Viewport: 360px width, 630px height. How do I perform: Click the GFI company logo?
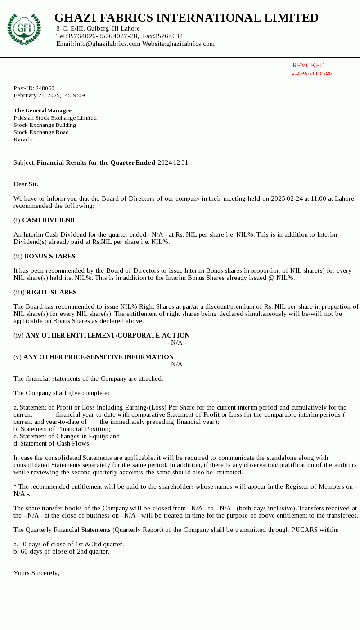(x=24, y=29)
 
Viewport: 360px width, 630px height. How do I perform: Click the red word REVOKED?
(x=308, y=65)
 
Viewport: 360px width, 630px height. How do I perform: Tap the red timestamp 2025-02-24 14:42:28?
(x=311, y=73)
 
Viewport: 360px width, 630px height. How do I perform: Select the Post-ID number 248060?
(x=45, y=88)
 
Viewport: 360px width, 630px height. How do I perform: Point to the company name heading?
(x=186, y=18)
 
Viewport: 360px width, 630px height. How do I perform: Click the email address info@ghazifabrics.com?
(x=107, y=44)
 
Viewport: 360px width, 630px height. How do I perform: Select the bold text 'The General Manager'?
(x=42, y=111)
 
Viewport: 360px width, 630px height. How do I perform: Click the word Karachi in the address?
(x=23, y=139)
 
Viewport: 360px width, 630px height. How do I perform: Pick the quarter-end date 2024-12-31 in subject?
(x=173, y=162)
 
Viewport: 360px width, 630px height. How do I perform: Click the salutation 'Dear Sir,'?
(x=26, y=184)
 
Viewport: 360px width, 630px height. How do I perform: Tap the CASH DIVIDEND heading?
(x=48, y=220)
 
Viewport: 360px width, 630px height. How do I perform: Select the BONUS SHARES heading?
(x=49, y=256)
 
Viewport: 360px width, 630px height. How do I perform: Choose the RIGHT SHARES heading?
(x=51, y=292)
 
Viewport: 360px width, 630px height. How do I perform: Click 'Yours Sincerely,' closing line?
(x=36, y=573)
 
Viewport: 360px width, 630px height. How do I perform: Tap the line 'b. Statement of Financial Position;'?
(x=62, y=429)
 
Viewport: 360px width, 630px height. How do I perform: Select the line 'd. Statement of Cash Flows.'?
(x=52, y=443)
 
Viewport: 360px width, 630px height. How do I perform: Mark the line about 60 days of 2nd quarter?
(x=62, y=551)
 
